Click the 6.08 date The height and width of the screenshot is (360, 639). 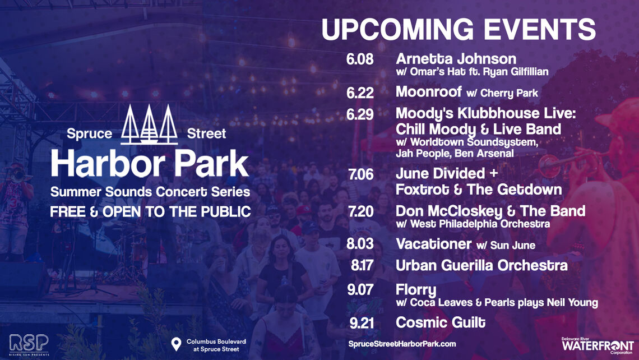click(360, 59)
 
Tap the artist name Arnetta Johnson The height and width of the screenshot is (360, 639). click(456, 59)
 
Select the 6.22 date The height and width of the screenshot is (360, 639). click(360, 93)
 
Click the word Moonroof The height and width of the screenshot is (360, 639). click(429, 91)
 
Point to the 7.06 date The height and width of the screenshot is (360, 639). click(360, 174)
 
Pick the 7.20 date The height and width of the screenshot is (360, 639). click(360, 211)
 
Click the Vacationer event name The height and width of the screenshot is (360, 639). click(434, 244)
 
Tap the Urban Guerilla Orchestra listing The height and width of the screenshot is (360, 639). click(481, 265)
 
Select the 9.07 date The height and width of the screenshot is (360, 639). click(360, 289)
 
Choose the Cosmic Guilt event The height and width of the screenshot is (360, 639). click(441, 322)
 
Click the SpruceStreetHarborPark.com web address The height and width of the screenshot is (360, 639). click(402, 344)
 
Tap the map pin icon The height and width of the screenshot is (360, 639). click(176, 344)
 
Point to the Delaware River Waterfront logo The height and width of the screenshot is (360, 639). click(598, 345)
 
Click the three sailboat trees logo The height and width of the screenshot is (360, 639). click(149, 124)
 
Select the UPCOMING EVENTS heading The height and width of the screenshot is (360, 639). click(459, 29)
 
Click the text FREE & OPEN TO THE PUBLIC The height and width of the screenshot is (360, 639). click(150, 211)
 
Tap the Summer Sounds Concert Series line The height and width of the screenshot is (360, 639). click(150, 192)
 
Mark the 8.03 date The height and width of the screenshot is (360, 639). click(360, 244)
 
